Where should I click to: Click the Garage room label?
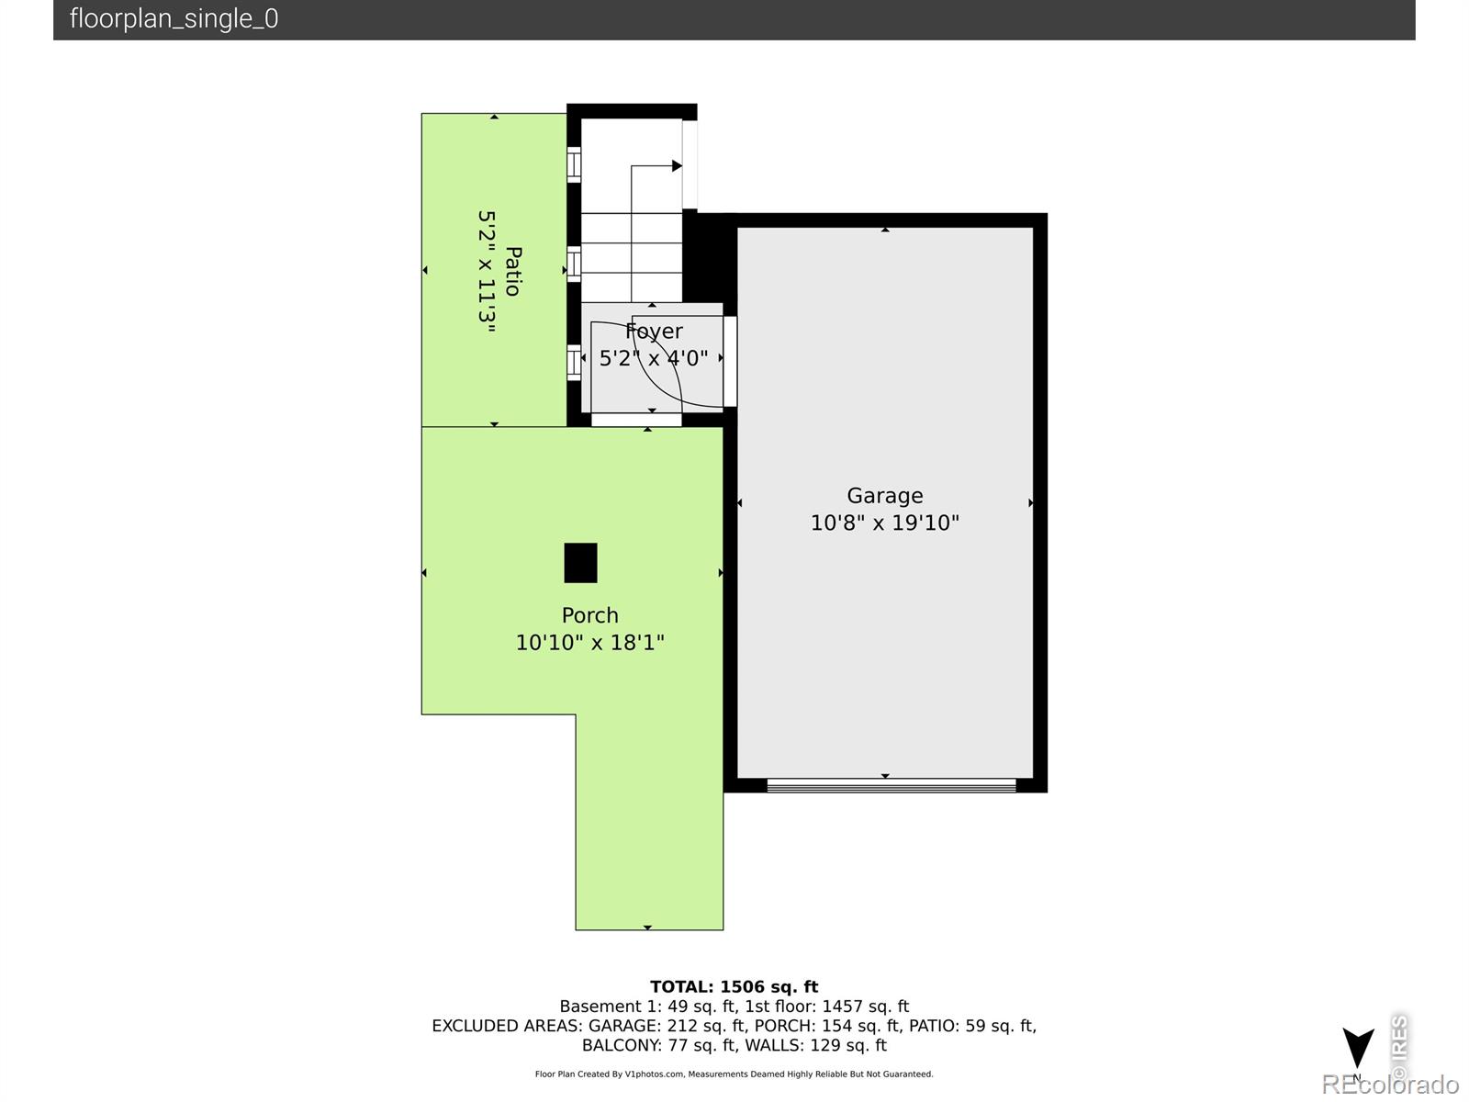tap(885, 496)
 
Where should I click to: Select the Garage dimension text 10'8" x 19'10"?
tap(885, 523)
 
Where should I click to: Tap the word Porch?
tap(589, 615)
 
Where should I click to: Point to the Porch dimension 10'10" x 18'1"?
tap(589, 642)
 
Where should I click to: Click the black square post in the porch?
tap(580, 563)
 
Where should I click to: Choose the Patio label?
tap(513, 271)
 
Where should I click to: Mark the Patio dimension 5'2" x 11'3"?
tap(487, 272)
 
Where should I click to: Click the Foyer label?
tap(654, 332)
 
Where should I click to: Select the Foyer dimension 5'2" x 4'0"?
tap(653, 358)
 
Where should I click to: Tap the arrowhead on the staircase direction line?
tap(678, 165)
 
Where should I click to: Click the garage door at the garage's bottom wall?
tap(891, 785)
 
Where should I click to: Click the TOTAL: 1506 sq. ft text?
tap(734, 987)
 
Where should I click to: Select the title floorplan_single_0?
tap(174, 18)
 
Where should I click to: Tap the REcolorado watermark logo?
tap(1390, 1084)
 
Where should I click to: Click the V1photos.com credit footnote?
tap(734, 1074)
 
